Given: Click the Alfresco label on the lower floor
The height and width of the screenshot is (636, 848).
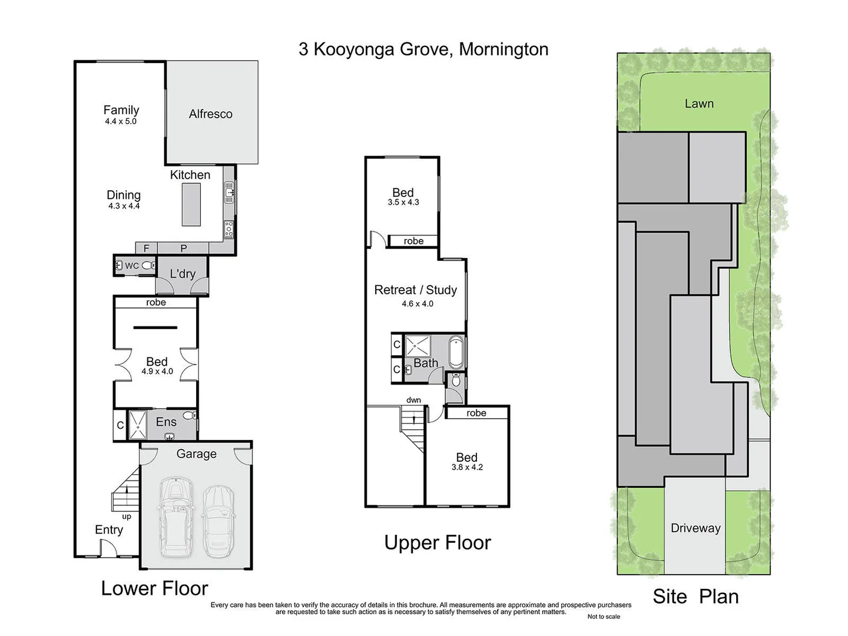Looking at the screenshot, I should pos(210,114).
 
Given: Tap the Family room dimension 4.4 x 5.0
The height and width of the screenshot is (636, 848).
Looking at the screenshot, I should pos(121,121).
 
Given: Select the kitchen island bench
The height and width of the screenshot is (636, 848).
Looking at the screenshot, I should pos(191,204).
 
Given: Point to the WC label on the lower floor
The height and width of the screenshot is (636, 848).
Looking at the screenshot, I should pos(132,266).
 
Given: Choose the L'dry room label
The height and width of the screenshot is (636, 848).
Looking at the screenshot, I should pos(182,274).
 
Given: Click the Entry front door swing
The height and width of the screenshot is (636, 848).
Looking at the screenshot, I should pos(108,548).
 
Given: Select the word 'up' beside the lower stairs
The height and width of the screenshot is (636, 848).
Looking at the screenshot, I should pos(127,516).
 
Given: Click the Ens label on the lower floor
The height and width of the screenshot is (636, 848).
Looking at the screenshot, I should pos(166,422).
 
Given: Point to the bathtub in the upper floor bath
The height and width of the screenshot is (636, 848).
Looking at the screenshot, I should pos(456,352).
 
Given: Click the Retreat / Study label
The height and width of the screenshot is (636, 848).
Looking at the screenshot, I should pos(416,290).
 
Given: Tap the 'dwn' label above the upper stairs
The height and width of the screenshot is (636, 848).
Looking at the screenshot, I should pos(413,400).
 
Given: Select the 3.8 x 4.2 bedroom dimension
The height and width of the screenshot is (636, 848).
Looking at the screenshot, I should pos(467,468).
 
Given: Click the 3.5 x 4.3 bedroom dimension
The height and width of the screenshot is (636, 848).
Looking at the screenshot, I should pos(403,203).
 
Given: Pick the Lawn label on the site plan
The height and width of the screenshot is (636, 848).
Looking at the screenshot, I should pos(699,104).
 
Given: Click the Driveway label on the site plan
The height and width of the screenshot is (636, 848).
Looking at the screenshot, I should pos(695,528).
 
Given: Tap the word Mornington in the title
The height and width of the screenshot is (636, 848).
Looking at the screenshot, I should pos(503,49).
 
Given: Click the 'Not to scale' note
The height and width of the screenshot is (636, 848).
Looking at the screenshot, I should pos(604,617).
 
